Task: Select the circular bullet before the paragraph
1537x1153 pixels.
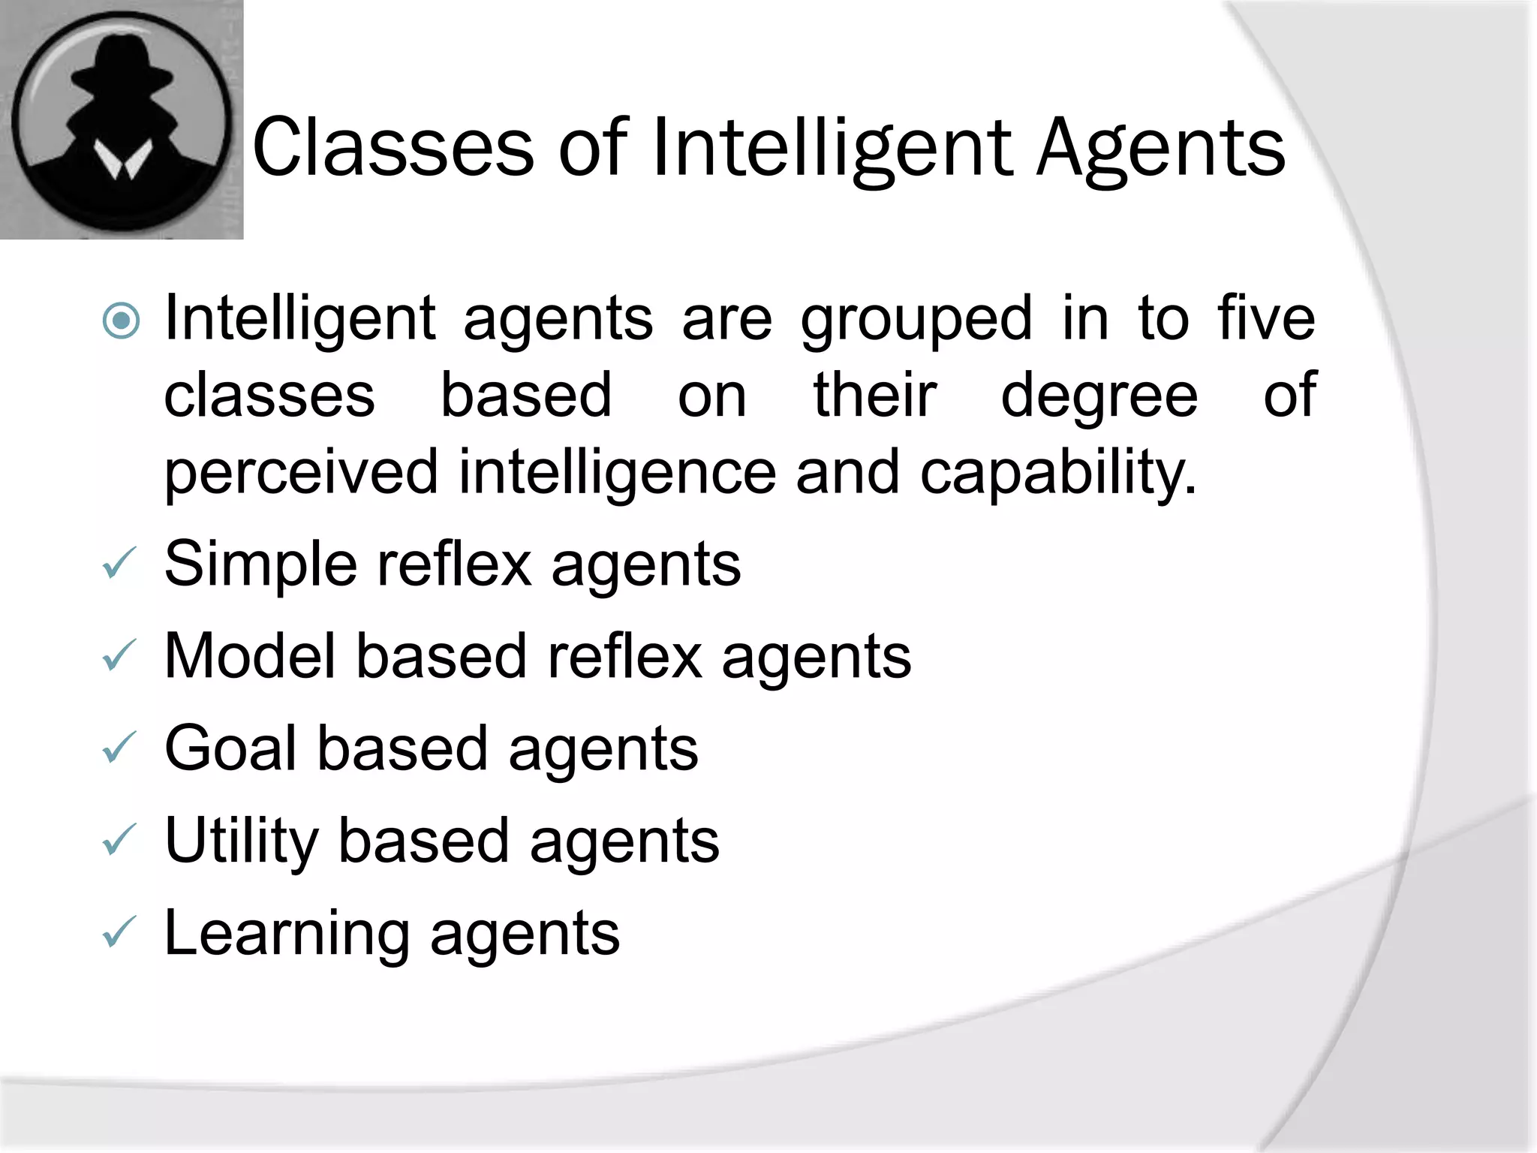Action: [x=121, y=321]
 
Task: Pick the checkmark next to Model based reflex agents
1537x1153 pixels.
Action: [x=119, y=655]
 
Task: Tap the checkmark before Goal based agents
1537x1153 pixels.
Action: [x=119, y=748]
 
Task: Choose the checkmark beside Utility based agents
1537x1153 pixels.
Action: [x=119, y=840]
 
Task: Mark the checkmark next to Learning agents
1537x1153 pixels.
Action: [x=119, y=932]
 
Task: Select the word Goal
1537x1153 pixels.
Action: [x=230, y=748]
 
